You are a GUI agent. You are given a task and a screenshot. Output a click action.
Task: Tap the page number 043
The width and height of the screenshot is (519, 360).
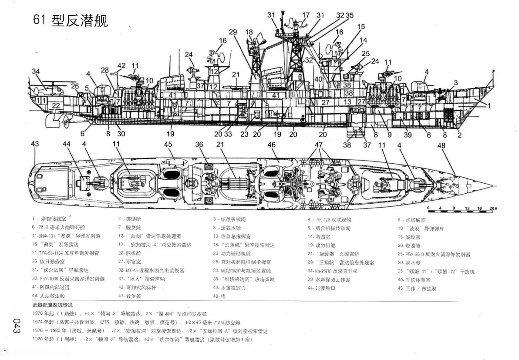point(17,326)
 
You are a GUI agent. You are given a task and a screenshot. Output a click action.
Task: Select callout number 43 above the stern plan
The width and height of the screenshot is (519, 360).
point(35,144)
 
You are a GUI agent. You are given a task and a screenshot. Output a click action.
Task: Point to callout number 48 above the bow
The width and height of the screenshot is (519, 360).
point(441,146)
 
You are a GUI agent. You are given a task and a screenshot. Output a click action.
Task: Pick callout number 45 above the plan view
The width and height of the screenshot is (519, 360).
point(169,144)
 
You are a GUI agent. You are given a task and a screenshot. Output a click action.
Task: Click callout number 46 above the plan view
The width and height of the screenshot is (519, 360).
point(271,144)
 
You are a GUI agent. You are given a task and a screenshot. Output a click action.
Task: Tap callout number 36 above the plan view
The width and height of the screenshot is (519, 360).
point(199,144)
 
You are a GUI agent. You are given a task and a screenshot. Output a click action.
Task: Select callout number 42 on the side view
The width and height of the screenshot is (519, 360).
point(121,66)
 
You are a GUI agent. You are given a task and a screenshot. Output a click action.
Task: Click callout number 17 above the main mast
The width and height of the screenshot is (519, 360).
point(306,15)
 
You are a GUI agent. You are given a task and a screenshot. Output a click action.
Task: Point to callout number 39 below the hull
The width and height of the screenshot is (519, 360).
point(408,135)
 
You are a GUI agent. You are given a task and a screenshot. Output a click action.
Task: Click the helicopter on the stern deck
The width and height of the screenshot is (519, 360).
point(48,89)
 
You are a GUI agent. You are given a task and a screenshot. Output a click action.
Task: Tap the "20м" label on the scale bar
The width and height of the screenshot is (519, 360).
point(492,209)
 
